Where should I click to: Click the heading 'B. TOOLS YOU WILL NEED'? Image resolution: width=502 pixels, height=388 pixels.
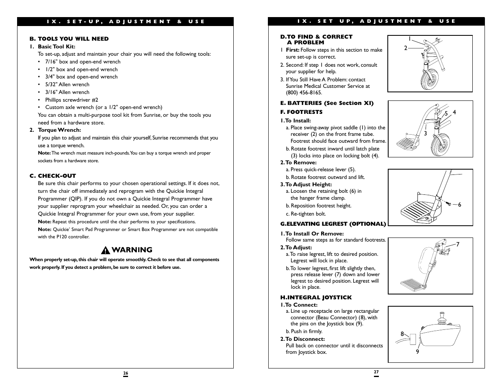(x=69, y=39)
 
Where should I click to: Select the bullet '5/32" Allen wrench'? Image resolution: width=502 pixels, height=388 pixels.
(x=67, y=85)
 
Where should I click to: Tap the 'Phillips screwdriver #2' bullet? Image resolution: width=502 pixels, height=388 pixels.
(x=72, y=100)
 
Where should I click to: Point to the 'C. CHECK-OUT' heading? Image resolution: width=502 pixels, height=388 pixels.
(x=52, y=176)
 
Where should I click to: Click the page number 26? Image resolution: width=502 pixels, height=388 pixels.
(x=126, y=373)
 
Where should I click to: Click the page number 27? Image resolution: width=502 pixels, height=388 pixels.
(x=376, y=372)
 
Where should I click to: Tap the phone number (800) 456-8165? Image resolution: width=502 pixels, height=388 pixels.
(x=304, y=93)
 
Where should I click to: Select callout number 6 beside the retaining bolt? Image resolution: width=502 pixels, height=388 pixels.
(x=460, y=205)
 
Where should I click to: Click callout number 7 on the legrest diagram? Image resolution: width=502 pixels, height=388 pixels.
(x=457, y=244)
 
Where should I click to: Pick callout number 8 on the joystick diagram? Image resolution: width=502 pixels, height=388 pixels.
(x=402, y=334)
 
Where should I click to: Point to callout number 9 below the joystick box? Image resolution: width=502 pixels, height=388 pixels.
(x=417, y=352)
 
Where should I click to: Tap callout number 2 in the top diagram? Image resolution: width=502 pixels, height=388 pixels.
(x=405, y=48)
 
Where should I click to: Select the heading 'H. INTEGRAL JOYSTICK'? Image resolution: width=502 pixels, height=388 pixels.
(x=316, y=297)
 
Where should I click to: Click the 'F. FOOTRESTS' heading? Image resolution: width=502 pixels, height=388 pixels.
(x=301, y=112)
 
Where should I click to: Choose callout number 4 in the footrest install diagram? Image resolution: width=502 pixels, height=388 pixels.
(x=454, y=113)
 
